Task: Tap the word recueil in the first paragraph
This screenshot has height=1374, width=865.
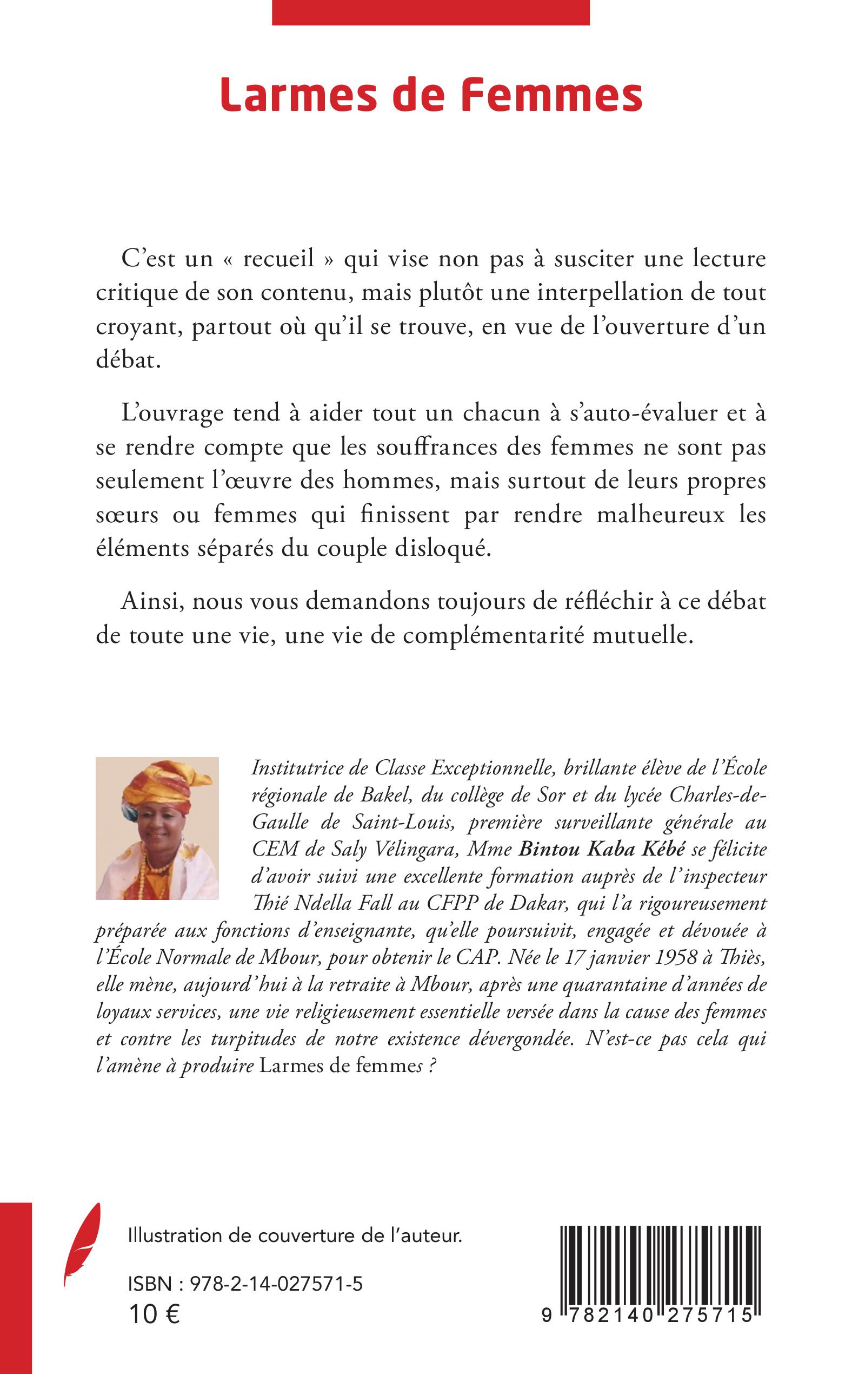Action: pyautogui.click(x=279, y=259)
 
